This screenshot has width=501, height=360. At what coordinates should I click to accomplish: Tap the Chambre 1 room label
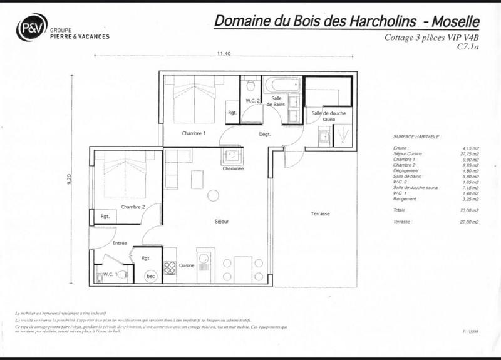tap(194, 133)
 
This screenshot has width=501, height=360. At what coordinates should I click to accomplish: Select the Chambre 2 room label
tap(133, 207)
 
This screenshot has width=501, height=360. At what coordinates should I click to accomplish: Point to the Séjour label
tap(222, 222)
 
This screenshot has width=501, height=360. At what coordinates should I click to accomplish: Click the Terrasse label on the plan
tap(320, 214)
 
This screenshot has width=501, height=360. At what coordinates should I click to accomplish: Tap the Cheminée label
tap(233, 169)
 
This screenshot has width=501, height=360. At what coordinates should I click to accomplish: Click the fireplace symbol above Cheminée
tap(233, 155)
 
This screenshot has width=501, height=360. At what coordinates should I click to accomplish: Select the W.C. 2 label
tap(252, 101)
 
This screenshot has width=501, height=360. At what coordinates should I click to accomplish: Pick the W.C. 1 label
tap(109, 273)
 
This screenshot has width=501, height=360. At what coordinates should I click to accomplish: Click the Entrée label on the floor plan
tap(120, 243)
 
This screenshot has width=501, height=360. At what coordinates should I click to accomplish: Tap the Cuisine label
tap(186, 265)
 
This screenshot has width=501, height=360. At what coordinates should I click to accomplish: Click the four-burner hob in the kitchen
tap(170, 267)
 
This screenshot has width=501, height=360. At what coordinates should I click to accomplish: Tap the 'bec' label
tap(150, 275)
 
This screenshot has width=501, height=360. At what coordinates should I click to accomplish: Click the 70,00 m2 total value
tap(469, 211)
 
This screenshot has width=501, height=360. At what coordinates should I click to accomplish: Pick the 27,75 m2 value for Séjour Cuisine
tap(469, 153)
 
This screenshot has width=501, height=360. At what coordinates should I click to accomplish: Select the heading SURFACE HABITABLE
tap(416, 136)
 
